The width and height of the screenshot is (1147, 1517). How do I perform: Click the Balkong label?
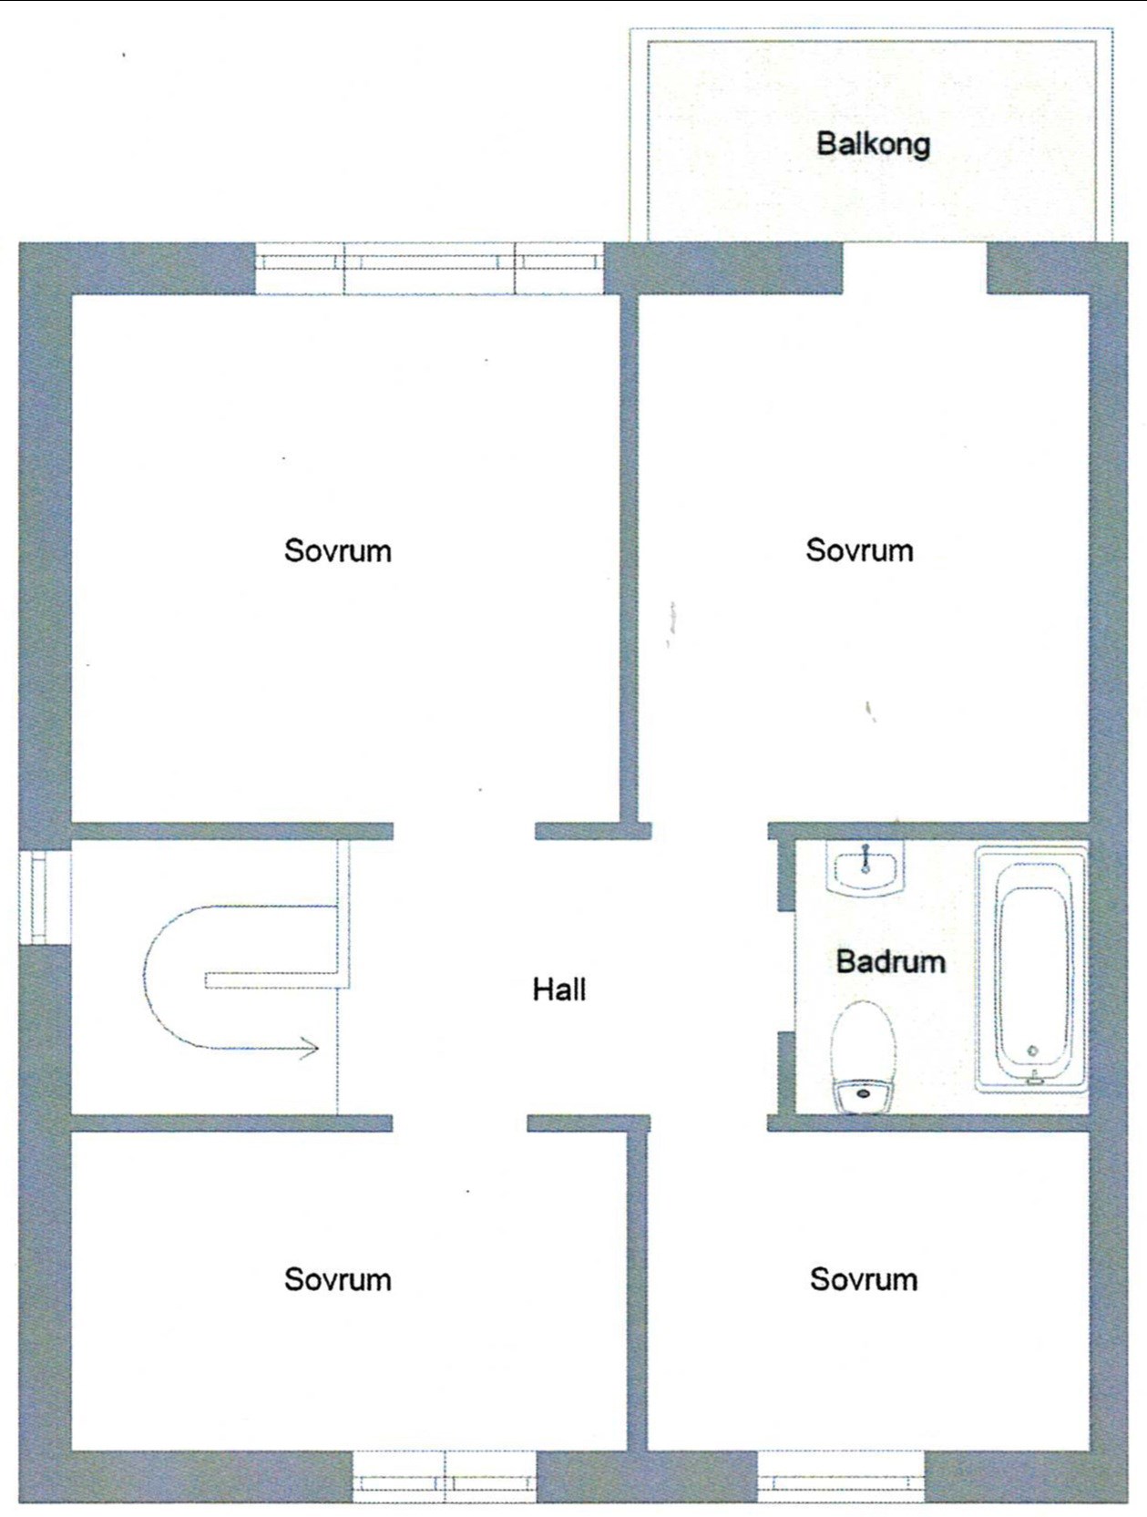(874, 145)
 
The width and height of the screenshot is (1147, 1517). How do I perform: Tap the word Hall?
(559, 990)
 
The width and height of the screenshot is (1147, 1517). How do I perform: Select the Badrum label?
(891, 961)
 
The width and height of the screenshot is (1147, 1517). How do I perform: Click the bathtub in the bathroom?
(1031, 969)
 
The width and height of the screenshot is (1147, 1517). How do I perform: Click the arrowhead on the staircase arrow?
(309, 1049)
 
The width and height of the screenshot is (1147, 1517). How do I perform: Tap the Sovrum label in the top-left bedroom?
(337, 551)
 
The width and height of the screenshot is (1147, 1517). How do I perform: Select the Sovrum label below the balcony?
(859, 550)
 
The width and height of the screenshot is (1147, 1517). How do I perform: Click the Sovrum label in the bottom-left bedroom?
(337, 1279)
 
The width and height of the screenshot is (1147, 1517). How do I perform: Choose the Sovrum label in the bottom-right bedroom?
(864, 1279)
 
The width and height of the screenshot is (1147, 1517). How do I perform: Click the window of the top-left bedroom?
(430, 268)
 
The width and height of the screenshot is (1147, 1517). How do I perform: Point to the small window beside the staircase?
(45, 897)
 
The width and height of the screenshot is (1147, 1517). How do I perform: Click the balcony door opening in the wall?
(915, 268)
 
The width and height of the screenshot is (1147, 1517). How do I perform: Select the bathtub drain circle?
(1033, 1051)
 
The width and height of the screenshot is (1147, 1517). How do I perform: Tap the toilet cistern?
(864, 1097)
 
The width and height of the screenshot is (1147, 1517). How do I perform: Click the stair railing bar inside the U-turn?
(272, 980)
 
